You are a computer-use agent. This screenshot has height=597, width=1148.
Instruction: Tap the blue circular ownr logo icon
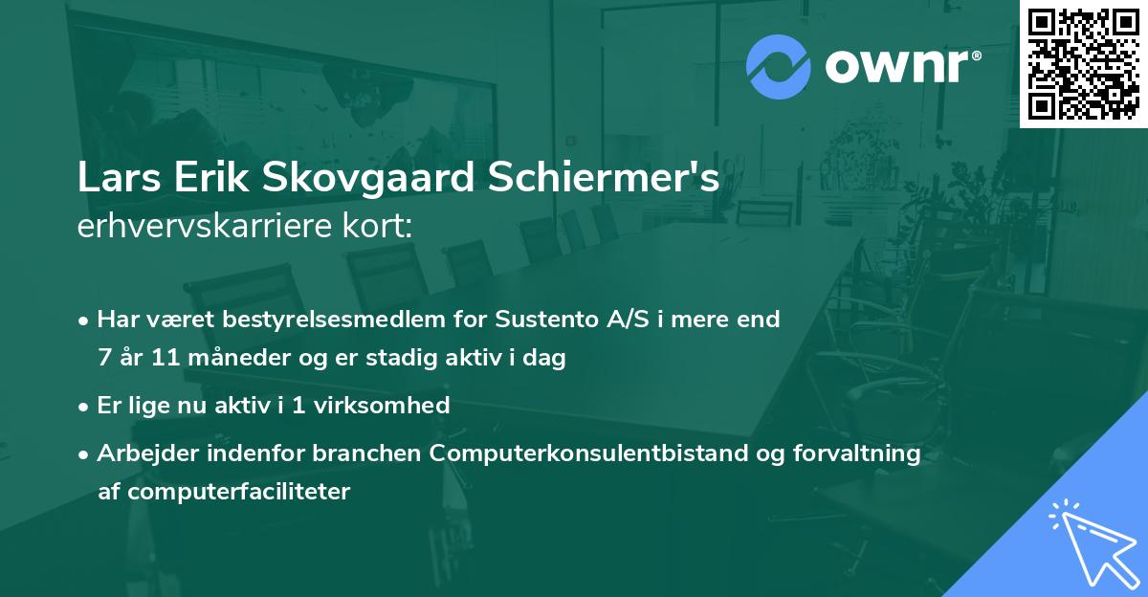(778, 67)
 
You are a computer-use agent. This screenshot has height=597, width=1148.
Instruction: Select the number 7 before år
(103, 359)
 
